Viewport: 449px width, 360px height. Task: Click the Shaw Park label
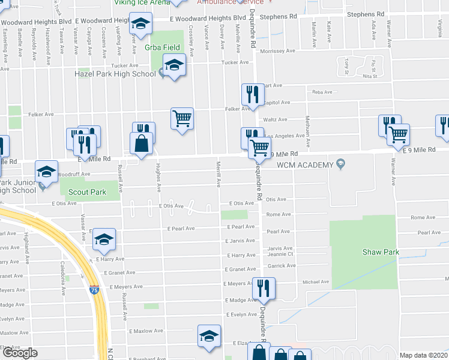click(x=381, y=252)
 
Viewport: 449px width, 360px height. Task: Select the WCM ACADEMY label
click(x=305, y=165)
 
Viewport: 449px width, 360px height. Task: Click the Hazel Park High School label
click(x=114, y=74)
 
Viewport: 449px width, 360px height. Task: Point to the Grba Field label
click(x=158, y=46)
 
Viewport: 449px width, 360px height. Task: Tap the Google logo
click(x=20, y=353)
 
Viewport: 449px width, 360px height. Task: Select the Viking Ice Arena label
click(x=143, y=2)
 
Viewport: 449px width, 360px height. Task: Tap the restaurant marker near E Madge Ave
click(x=263, y=289)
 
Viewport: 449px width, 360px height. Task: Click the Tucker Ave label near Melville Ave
click(x=235, y=62)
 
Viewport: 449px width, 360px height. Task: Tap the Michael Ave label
click(x=316, y=281)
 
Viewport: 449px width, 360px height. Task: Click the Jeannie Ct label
click(x=280, y=254)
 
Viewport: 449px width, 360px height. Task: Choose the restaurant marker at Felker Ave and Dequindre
click(x=250, y=95)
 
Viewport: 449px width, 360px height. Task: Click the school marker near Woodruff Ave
click(x=46, y=172)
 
